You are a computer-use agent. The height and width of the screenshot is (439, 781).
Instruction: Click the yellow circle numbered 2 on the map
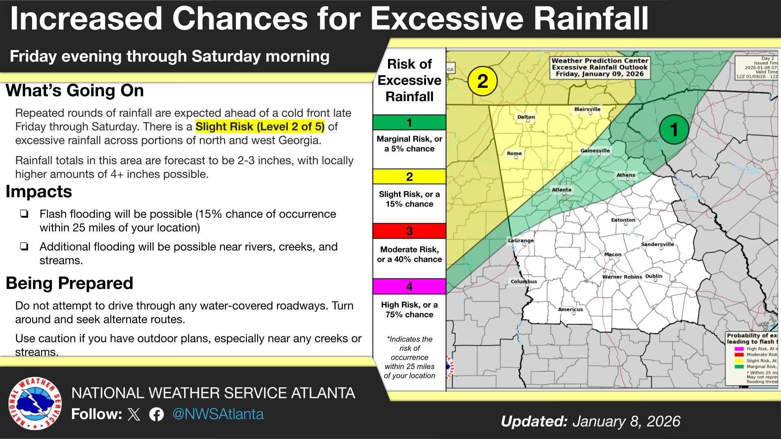tap(482, 81)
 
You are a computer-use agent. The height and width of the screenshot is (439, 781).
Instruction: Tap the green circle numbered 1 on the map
tap(674, 130)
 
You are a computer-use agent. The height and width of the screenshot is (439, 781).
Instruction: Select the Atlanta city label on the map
tap(561, 189)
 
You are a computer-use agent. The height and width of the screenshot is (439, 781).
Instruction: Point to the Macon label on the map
tap(613, 254)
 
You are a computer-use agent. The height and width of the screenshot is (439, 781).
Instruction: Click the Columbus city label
tap(524, 281)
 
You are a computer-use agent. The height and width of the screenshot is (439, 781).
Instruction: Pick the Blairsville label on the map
tap(587, 109)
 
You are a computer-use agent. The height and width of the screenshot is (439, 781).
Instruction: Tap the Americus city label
tap(570, 309)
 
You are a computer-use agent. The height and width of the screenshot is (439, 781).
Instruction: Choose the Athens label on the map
tap(626, 175)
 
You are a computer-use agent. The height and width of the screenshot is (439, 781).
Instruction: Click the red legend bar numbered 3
tap(409, 231)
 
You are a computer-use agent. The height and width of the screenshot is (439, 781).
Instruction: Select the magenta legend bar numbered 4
tap(409, 286)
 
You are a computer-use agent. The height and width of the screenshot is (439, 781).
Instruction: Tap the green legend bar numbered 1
tap(409, 122)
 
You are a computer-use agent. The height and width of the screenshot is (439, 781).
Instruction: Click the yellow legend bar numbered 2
tap(409, 176)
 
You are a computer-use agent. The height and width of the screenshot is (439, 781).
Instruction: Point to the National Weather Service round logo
tap(35, 403)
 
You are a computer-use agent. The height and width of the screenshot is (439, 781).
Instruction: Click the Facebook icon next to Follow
tap(157, 414)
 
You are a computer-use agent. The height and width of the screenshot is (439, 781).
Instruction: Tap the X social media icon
tap(134, 414)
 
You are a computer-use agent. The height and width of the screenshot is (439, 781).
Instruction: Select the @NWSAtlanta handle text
tap(218, 414)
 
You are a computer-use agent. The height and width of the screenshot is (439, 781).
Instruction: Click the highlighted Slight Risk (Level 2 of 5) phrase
tap(260, 127)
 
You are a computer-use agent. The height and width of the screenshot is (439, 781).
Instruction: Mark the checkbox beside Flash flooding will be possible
tap(24, 214)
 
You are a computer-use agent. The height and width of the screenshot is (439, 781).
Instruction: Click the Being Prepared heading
tap(70, 283)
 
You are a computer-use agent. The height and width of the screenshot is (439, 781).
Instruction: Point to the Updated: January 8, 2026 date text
tap(590, 421)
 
